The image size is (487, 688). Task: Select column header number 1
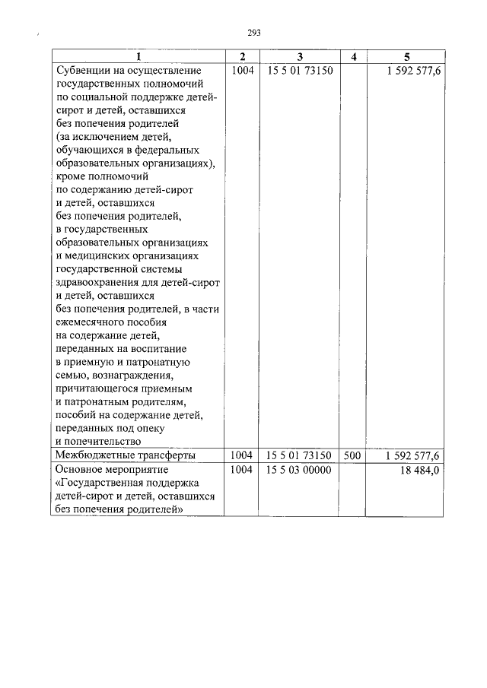pos(138,57)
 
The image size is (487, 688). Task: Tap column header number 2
pos(242,57)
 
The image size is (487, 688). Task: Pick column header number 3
pos(300,57)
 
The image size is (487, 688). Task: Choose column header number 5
pos(406,57)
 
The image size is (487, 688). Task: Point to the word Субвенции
pos(84,70)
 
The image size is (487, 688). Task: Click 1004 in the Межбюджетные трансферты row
pos(241,455)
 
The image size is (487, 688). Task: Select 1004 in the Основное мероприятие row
pos(241,470)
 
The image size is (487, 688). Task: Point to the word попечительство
pos(103,441)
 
